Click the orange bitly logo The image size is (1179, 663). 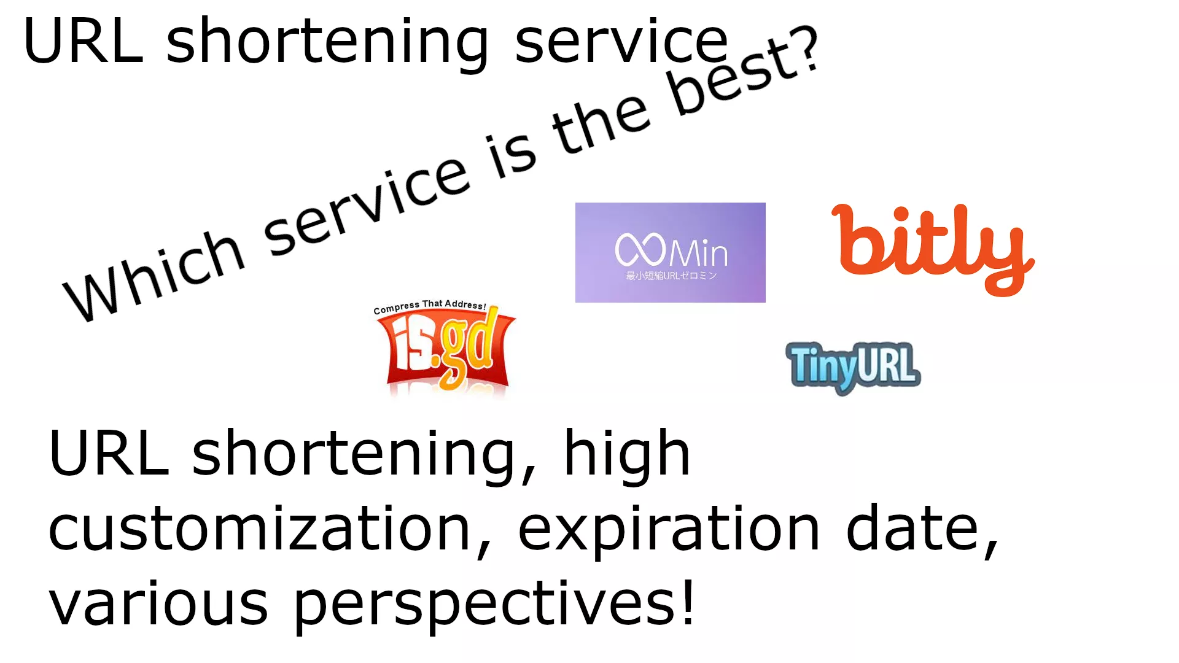[933, 249]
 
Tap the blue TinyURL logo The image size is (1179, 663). [853, 367]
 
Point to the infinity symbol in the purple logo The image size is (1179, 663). [640, 249]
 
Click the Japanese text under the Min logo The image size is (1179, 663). [671, 276]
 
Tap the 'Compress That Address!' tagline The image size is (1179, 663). [430, 306]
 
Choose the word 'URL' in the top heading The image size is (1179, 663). [84, 41]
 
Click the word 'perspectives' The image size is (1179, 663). [485, 607]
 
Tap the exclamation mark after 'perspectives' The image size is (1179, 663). [688, 601]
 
